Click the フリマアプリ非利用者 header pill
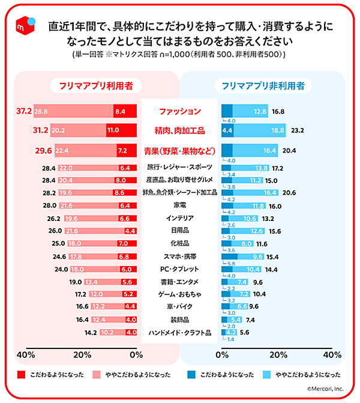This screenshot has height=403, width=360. [x=267, y=86]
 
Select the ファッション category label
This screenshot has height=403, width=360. [x=180, y=111]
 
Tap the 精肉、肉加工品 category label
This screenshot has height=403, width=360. [x=180, y=130]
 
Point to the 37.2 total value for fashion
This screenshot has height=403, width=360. [x=24, y=111]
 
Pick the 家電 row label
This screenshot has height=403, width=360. [x=179, y=205]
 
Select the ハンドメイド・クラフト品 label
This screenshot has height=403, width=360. [x=179, y=332]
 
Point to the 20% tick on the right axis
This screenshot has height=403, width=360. [x=278, y=354]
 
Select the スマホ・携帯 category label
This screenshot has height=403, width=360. [x=179, y=256]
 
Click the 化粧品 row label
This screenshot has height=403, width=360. [x=179, y=243]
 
